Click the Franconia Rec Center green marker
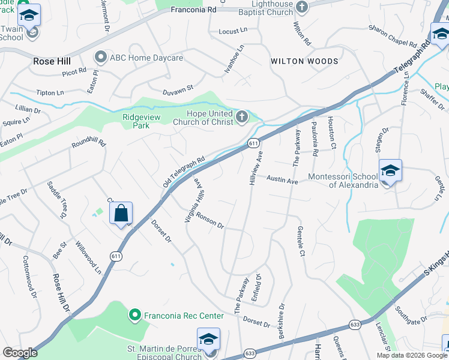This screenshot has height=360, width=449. pyautogui.click(x=135, y=314)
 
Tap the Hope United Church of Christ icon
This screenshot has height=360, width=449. pyautogui.click(x=242, y=116)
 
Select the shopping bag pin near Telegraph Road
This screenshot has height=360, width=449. pyautogui.click(x=121, y=213)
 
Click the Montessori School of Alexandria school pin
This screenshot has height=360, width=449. pyautogui.click(x=390, y=171)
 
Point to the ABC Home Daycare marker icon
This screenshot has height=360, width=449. pyautogui.click(x=100, y=57)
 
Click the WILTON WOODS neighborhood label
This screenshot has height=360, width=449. pyautogui.click(x=304, y=61)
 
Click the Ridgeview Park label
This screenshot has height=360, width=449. pyautogui.click(x=142, y=122)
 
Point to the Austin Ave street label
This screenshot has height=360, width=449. pyautogui.click(x=282, y=179)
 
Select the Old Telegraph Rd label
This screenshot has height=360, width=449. pyautogui.click(x=184, y=172)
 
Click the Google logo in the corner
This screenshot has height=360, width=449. pyautogui.click(x=20, y=353)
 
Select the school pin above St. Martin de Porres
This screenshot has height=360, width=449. pyautogui.click(x=208, y=339)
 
